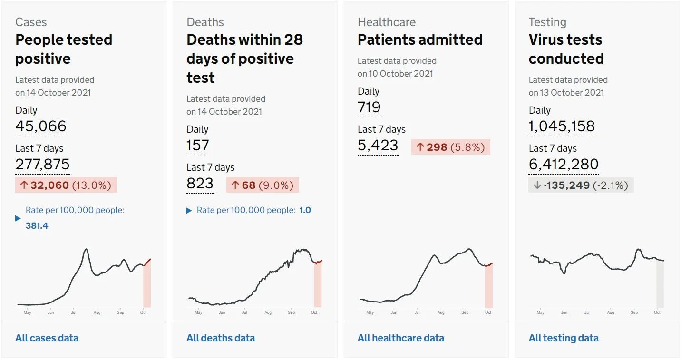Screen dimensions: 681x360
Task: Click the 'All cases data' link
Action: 47,338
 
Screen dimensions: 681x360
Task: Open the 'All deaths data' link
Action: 221,338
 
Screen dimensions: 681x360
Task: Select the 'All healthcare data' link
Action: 401,338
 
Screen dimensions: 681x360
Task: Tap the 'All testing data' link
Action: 564,338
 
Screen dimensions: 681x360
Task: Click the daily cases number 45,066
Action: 41,126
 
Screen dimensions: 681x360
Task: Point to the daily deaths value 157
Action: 198,145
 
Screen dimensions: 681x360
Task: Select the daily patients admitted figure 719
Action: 369,107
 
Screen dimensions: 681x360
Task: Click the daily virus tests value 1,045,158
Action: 562,126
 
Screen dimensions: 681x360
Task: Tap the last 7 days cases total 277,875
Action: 43,164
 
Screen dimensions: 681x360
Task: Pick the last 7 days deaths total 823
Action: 200,183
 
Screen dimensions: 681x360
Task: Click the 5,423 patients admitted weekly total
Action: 378,145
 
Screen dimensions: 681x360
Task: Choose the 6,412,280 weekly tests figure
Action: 564,164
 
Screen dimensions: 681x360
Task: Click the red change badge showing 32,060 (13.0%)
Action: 66,185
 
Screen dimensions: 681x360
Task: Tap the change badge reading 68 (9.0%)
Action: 263,185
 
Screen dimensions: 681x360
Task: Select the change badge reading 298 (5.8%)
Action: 451,147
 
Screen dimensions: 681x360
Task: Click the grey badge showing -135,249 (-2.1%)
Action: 581,185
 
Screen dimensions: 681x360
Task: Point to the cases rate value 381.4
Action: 37,225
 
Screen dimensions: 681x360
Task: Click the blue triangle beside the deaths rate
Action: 189,210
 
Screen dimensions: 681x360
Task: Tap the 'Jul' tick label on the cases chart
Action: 74,312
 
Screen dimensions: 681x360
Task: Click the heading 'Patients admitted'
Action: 420,39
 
